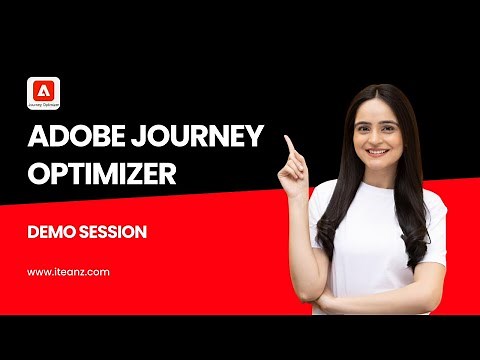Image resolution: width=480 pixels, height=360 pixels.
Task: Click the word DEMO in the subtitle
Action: [x=58, y=232]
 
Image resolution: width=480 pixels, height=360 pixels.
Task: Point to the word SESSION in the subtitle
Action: [x=119, y=232]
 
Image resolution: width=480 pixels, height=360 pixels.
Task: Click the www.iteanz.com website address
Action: [x=68, y=271]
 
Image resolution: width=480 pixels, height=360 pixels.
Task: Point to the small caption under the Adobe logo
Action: [x=45, y=103]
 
